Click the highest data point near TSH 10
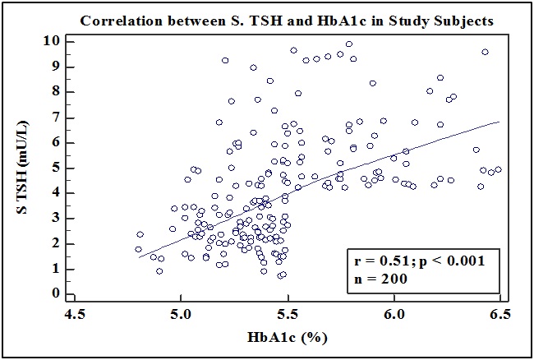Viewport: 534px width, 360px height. (x=349, y=44)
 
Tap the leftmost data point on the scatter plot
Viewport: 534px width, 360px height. (x=138, y=249)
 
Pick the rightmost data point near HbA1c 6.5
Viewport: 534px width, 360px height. (x=498, y=170)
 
